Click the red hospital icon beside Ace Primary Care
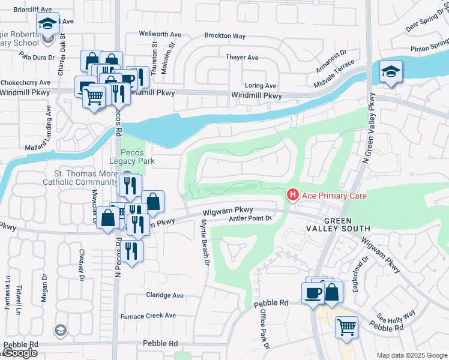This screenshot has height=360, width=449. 292,196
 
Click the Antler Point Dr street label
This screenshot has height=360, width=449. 251,219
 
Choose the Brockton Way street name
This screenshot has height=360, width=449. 225,36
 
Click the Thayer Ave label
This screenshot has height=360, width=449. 241,58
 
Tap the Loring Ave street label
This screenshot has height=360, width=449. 259,86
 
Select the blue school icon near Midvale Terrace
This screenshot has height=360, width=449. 391,73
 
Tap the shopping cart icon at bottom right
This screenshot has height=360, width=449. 346,328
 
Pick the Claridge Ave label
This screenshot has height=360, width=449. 165,295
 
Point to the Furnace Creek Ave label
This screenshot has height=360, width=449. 148,316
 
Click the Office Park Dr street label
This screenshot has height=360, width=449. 264,329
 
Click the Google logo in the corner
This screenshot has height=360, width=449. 20,353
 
